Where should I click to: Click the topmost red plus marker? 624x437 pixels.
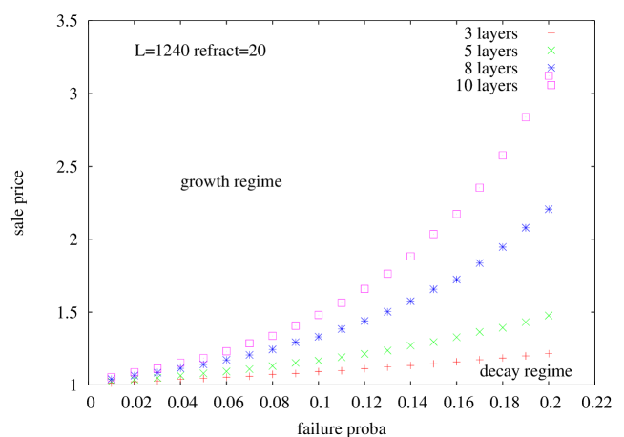(551, 33)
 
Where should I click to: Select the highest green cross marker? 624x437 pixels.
(551, 51)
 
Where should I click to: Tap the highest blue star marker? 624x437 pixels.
(551, 68)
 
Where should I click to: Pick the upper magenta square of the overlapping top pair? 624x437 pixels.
(549, 76)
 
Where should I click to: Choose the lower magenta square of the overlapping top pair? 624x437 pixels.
(551, 85)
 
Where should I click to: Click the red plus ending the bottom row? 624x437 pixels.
(549, 354)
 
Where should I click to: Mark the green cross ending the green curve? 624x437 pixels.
(549, 315)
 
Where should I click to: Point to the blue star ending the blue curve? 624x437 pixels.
(549, 209)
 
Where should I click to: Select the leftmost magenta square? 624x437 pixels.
(112, 377)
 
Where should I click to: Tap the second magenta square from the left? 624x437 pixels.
(135, 372)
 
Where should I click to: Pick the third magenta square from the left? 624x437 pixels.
(157, 368)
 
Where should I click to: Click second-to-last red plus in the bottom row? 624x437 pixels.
(526, 356)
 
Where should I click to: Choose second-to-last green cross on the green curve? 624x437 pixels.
(526, 322)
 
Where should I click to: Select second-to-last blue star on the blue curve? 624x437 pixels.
(526, 227)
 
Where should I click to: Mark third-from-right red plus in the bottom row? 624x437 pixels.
(503, 358)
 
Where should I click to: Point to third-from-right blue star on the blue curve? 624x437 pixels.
(503, 246)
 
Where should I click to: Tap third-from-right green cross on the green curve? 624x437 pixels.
(503, 327)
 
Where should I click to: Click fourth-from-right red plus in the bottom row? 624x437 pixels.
(480, 360)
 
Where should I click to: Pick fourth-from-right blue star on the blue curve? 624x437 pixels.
(480, 262)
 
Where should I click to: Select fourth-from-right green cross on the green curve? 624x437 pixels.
(480, 332)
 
